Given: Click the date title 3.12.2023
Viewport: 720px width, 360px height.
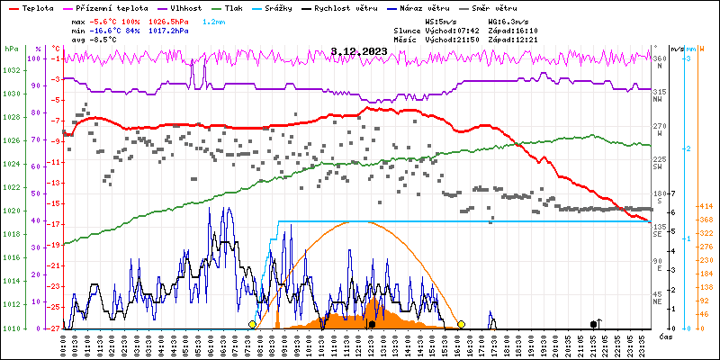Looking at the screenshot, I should (x=359, y=51).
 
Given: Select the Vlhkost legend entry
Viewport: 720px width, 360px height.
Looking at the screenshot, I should (x=181, y=6).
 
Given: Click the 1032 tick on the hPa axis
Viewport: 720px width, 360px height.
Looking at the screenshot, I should (x=11, y=70).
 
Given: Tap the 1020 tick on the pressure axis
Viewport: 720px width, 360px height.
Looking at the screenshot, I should (x=11, y=211).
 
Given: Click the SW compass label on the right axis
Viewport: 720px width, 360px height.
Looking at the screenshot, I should (x=659, y=167).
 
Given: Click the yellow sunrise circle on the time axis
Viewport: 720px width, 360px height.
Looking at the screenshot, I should (x=252, y=324).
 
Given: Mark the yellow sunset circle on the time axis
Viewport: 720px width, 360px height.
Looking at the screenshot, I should (x=461, y=324).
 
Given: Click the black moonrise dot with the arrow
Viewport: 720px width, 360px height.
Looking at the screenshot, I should (x=593, y=324).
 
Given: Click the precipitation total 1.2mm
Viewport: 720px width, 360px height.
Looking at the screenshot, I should (x=214, y=20).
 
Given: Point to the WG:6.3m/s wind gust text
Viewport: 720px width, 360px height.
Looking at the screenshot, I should (x=512, y=20).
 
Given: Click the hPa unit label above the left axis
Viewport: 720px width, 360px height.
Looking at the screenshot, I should (x=11, y=49).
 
